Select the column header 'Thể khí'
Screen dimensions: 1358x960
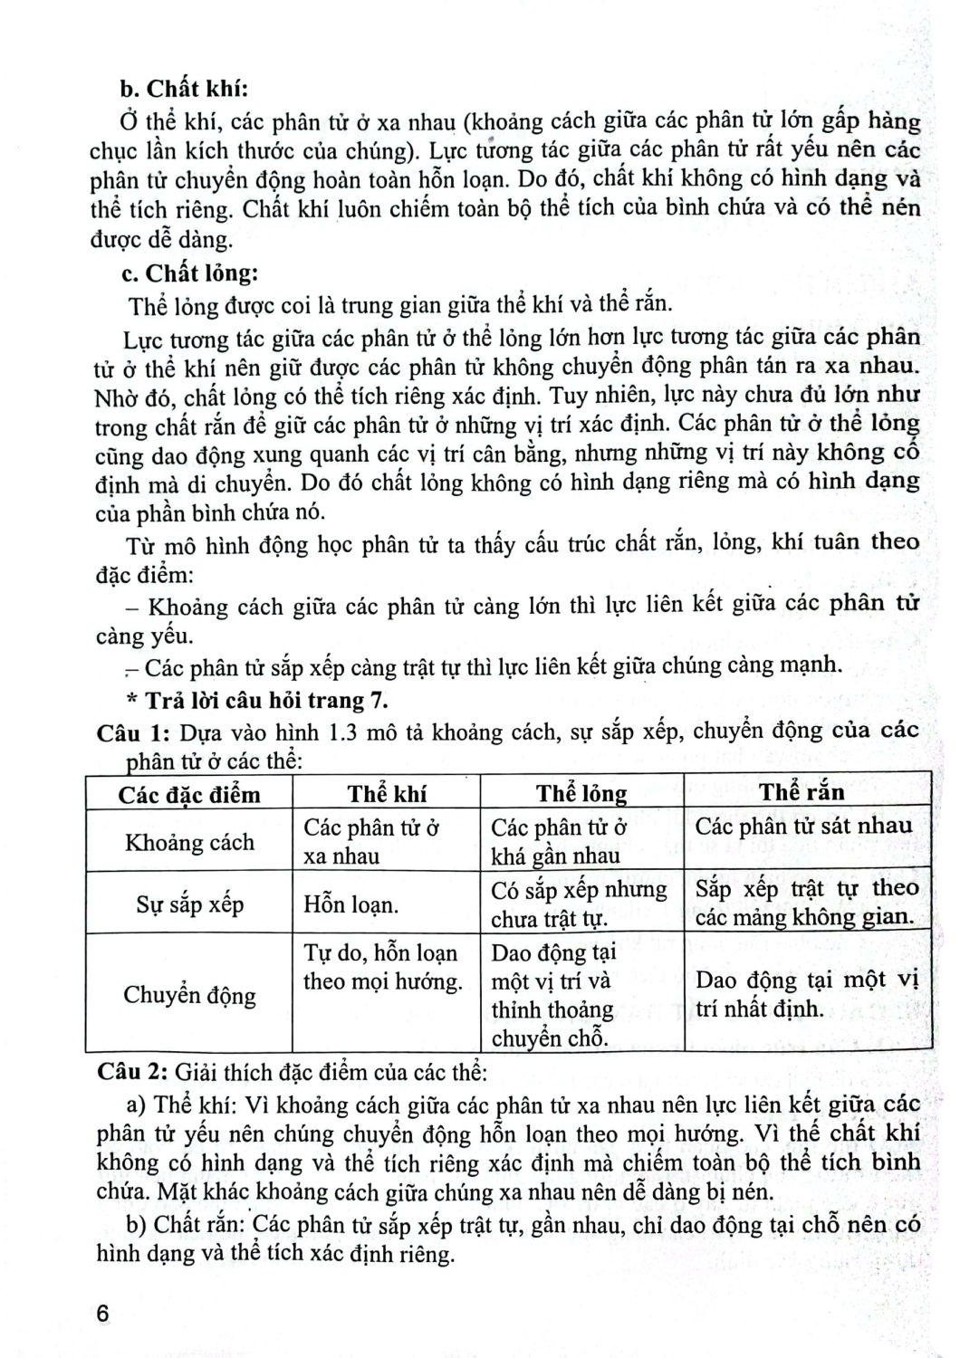pos(387,794)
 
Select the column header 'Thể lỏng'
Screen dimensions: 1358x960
pos(581,794)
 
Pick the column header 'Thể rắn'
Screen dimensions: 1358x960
pos(802,792)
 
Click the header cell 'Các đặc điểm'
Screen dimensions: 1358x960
pos(189,795)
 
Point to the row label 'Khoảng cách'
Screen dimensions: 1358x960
pos(189,842)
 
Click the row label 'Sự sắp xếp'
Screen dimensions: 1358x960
pos(189,904)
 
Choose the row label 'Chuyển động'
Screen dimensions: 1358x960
pos(189,995)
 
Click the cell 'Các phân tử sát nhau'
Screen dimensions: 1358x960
pos(803,826)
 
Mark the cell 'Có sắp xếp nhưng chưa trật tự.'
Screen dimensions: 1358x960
pos(579,904)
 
